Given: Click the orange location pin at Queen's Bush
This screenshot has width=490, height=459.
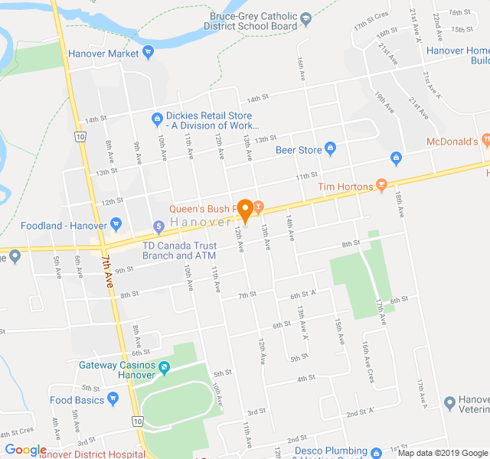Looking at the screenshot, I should click(x=245, y=207).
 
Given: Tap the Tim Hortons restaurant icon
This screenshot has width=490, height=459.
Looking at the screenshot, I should click(x=382, y=185).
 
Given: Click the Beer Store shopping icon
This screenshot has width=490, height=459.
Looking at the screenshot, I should click(x=331, y=149).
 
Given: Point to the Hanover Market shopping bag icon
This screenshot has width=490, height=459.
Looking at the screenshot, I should click(x=149, y=53).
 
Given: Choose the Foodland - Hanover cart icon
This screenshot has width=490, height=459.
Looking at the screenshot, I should click(x=116, y=225).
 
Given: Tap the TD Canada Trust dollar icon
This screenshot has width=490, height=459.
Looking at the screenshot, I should click(x=158, y=226).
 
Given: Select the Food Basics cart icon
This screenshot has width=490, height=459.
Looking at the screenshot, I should click(x=113, y=399).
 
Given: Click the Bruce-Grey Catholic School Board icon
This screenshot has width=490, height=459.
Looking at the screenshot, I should click(x=305, y=18).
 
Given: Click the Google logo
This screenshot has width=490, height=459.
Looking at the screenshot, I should click(x=25, y=451).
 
